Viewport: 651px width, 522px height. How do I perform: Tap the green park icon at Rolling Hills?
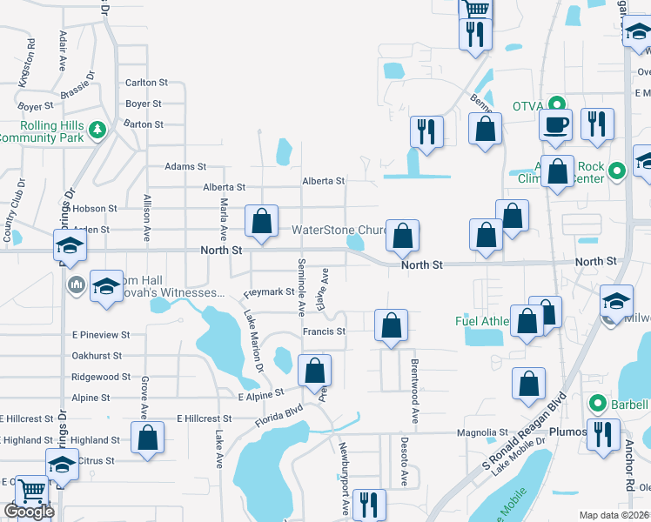click(98, 129)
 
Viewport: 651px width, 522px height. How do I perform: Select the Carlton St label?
click(146, 83)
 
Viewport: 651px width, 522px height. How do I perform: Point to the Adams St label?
click(185, 166)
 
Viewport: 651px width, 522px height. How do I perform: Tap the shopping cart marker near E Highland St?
click(31, 492)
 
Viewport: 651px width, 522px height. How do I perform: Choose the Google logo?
click(29, 512)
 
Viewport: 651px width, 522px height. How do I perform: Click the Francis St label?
click(324, 331)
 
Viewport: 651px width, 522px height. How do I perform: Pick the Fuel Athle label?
click(482, 321)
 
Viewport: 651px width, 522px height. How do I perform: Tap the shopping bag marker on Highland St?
click(147, 438)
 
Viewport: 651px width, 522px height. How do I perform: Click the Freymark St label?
click(269, 292)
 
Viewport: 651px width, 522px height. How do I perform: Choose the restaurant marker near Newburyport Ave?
click(369, 505)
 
